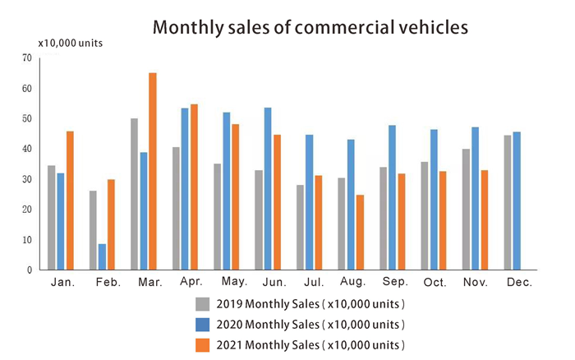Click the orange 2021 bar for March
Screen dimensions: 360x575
point(152,171)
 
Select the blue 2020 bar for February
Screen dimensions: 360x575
point(101,256)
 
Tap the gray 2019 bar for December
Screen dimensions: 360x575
point(508,202)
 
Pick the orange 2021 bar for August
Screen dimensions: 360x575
point(360,232)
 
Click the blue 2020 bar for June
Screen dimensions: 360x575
point(268,188)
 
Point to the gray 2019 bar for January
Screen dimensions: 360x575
point(52,217)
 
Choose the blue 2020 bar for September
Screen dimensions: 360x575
point(392,197)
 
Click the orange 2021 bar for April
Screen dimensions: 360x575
point(194,187)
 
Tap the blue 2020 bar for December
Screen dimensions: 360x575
point(517,201)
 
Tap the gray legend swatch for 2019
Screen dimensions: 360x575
point(201,303)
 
